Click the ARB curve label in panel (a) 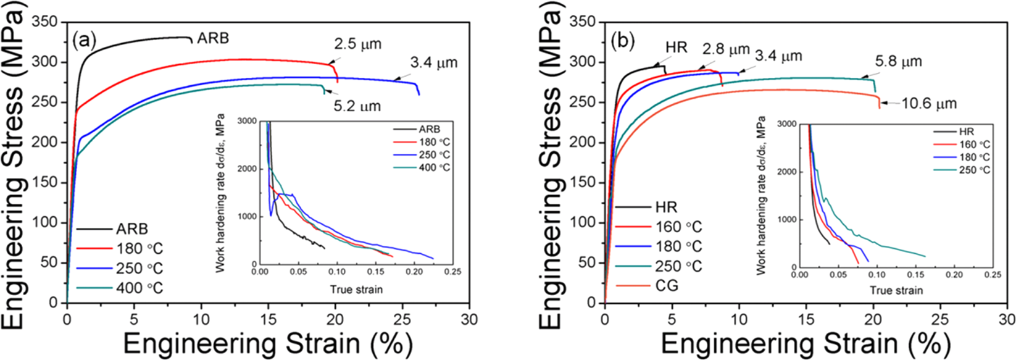click(x=213, y=38)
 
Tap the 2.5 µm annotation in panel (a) click(x=358, y=44)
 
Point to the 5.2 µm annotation click(x=357, y=106)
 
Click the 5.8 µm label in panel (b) click(x=898, y=62)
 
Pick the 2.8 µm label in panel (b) click(x=726, y=49)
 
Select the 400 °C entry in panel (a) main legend click(x=139, y=288)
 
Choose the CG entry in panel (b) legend click(x=667, y=285)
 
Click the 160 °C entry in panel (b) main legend click(x=678, y=227)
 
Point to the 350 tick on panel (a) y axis click(x=45, y=23)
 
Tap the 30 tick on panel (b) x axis click(x=1007, y=319)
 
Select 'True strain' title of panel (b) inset click(x=897, y=290)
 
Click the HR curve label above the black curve click(x=677, y=48)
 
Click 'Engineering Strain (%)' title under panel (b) click(x=806, y=343)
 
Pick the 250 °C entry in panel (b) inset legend click(x=975, y=169)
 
